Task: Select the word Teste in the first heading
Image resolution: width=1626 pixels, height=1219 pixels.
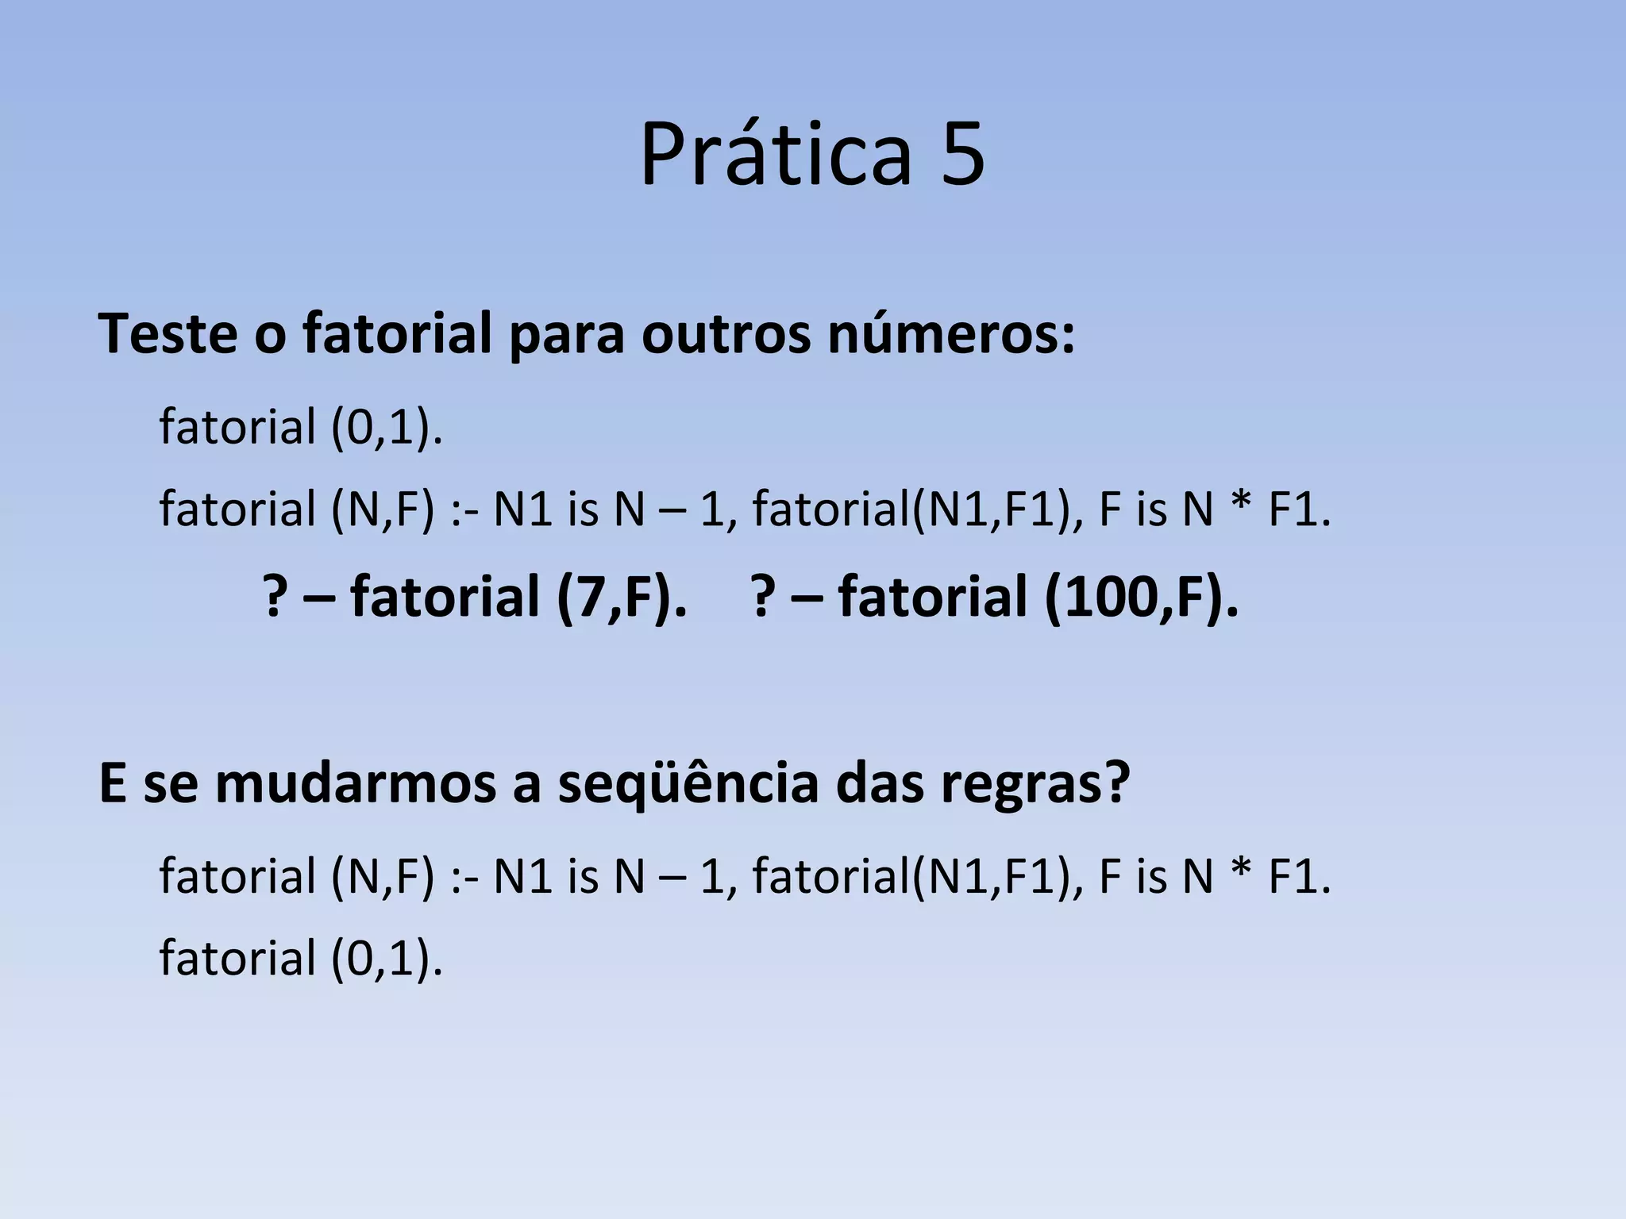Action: click(x=168, y=334)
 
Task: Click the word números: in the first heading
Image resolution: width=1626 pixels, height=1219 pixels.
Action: click(x=951, y=334)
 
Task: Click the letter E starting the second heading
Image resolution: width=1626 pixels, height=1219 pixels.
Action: click(x=113, y=784)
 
